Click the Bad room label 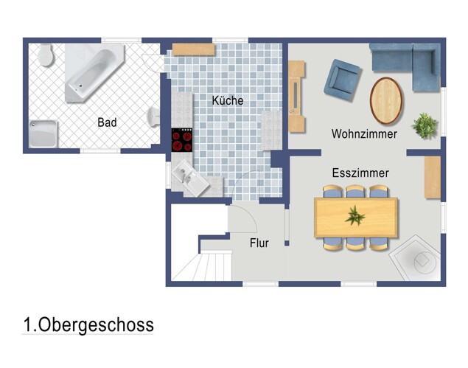(x=107, y=122)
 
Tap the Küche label (x=227, y=100)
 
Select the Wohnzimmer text (x=364, y=134)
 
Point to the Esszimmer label (x=360, y=173)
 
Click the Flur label (x=259, y=243)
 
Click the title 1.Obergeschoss (x=88, y=324)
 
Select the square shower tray (x=46, y=134)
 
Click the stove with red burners (x=182, y=139)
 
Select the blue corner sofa (x=409, y=63)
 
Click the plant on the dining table (x=356, y=216)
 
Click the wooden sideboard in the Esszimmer (x=432, y=178)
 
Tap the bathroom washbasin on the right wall (x=156, y=117)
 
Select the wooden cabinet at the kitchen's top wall (x=193, y=49)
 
